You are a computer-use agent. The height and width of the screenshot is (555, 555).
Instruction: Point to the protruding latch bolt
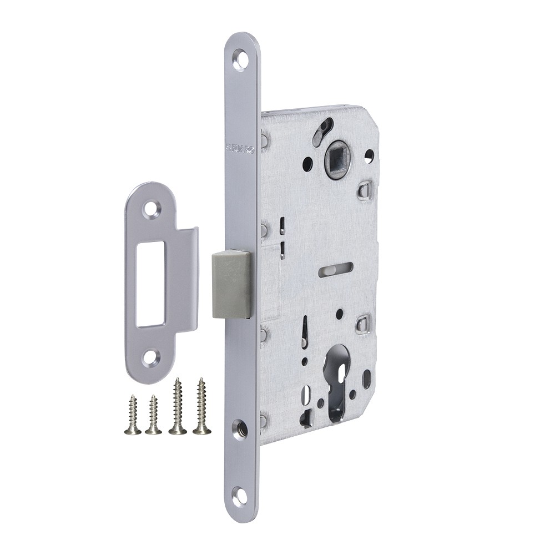pos(232,283)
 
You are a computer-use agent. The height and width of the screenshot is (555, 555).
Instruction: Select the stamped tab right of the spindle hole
pos(365,190)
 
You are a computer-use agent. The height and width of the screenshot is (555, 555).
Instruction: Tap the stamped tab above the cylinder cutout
pos(363,322)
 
